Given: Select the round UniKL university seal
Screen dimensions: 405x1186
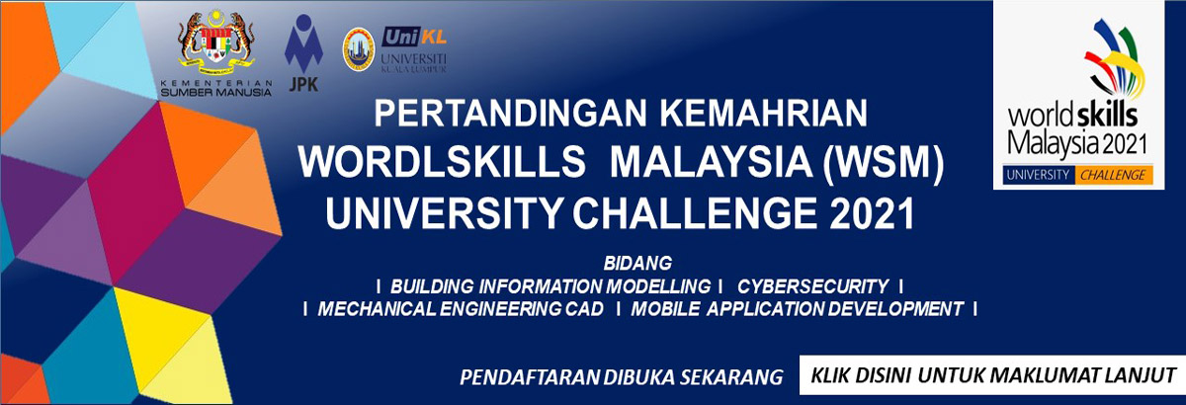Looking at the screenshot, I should point(357,49).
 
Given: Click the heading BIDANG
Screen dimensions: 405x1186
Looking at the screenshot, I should point(637,264).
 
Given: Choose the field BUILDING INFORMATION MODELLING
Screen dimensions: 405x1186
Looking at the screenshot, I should point(551,286).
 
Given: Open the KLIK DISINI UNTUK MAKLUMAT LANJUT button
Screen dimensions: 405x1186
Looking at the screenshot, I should point(991,375).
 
